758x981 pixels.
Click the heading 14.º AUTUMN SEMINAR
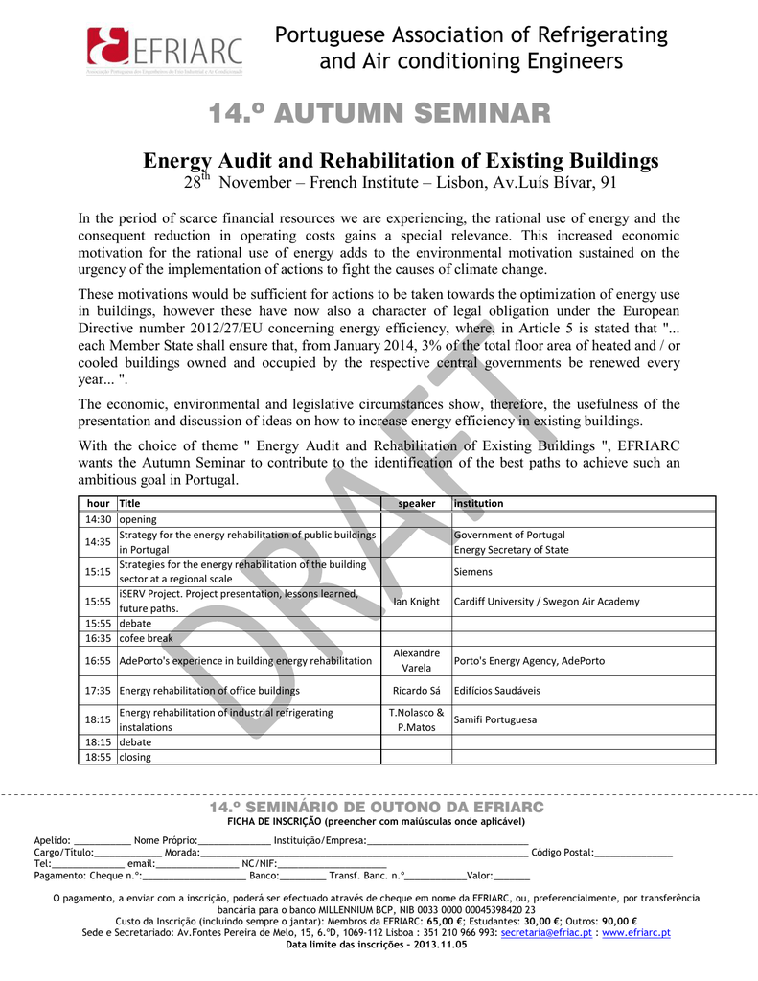(x=379, y=113)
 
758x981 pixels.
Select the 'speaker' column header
(x=416, y=503)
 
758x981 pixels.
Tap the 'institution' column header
(x=479, y=503)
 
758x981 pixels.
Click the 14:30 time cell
(x=98, y=519)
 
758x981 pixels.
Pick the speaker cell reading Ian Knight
(x=416, y=602)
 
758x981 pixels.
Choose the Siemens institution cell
(x=472, y=572)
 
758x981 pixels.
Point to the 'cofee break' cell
(x=147, y=638)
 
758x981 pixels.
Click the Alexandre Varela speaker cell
(x=416, y=661)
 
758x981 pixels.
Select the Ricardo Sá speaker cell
(x=416, y=691)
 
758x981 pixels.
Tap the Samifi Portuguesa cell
(x=495, y=719)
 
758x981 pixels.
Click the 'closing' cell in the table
(x=135, y=757)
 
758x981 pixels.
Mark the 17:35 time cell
(x=98, y=691)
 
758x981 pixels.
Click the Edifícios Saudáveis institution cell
(x=496, y=691)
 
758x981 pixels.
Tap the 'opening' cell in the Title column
(x=138, y=519)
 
